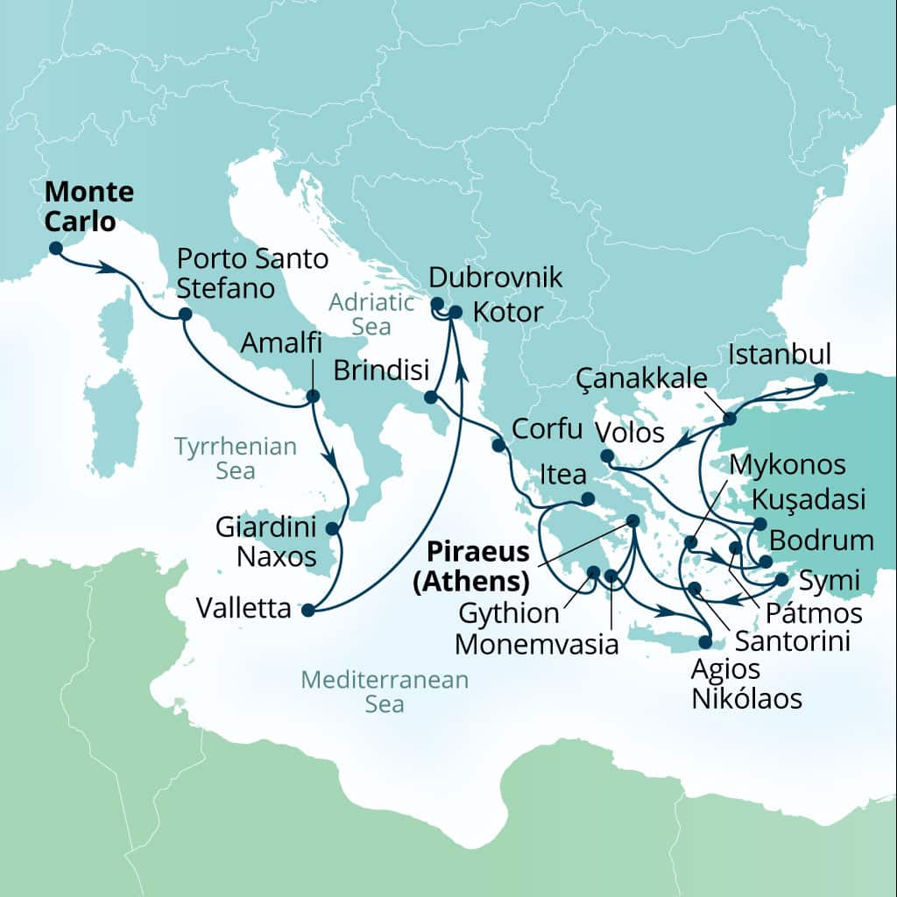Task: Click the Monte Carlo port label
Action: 89,207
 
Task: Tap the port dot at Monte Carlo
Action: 55,248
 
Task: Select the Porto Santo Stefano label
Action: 252,272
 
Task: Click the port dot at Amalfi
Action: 313,397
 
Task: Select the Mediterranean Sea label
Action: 385,691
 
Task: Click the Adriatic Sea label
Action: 371,314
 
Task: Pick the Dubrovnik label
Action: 496,279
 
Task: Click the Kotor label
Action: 508,311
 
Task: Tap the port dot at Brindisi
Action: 430,398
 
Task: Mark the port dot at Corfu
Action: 498,446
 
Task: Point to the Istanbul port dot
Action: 821,380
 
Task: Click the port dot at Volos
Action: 606,456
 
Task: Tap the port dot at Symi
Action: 781,579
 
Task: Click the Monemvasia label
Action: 537,646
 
